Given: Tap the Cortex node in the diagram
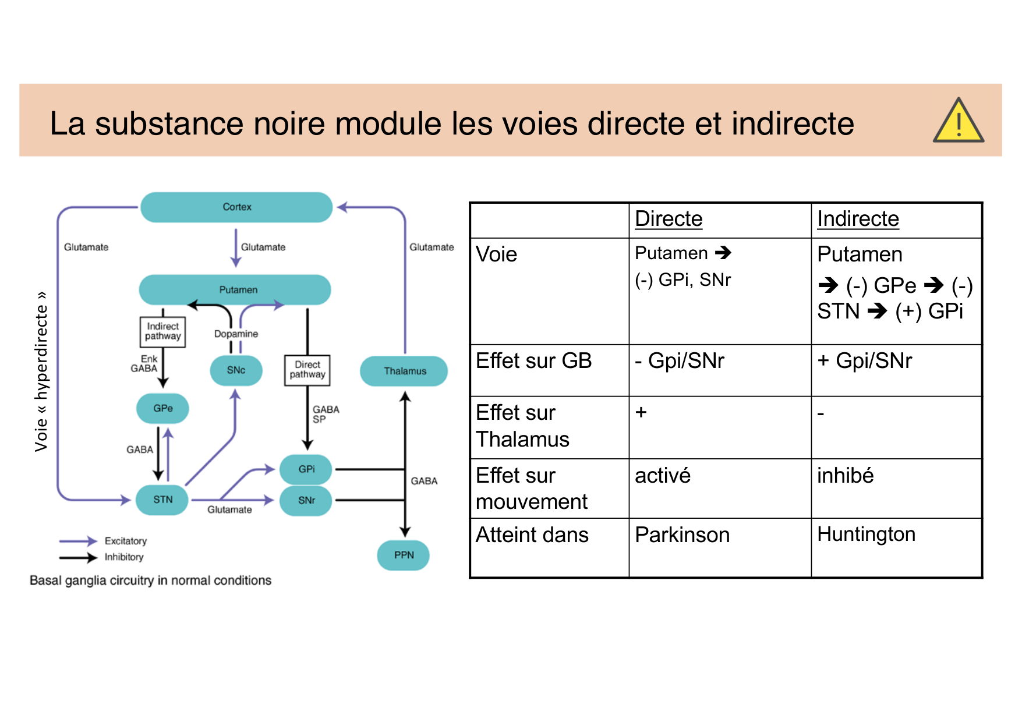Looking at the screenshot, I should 236,207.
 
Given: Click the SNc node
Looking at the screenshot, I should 236,370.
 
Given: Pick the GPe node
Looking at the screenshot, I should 162,408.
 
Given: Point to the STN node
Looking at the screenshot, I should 162,500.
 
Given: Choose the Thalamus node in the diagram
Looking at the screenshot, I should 404,371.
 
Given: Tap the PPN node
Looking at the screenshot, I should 404,555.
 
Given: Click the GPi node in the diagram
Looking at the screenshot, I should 306,469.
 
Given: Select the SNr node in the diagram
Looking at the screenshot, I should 306,500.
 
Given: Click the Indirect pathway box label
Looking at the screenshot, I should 162,331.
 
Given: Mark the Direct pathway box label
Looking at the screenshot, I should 307,370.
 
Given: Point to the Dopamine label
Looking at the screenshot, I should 236,334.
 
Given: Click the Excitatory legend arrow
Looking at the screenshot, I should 78,541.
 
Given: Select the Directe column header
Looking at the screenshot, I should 669,219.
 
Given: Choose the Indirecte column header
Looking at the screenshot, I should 858,219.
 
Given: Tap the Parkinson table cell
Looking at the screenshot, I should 682,535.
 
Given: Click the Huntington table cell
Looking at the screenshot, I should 866,534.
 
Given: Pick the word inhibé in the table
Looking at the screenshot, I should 845,476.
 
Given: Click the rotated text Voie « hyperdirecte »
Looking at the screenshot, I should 41,371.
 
